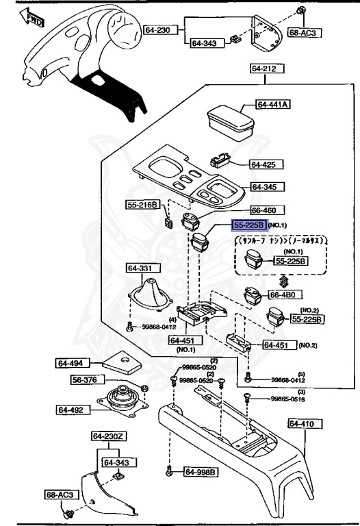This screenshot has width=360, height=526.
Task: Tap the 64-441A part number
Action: point(273,105)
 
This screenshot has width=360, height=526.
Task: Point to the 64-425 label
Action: point(262,164)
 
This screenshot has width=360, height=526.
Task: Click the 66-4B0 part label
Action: point(284,295)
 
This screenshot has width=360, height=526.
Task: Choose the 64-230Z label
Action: point(108,436)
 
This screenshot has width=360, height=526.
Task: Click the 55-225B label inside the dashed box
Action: point(291,261)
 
